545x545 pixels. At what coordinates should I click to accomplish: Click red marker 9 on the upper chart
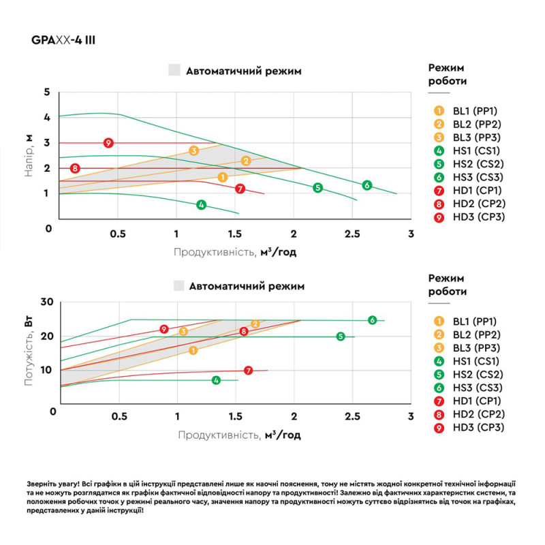pyautogui.click(x=108, y=143)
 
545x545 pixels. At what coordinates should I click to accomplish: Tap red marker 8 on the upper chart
pyautogui.click(x=75, y=168)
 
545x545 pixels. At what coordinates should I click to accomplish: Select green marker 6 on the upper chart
pyautogui.click(x=367, y=185)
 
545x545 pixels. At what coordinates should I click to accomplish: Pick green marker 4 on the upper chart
pyautogui.click(x=201, y=204)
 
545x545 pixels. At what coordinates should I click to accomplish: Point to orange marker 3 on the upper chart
pyautogui.click(x=193, y=151)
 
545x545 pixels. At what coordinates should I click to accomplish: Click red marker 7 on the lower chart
pyautogui.click(x=249, y=371)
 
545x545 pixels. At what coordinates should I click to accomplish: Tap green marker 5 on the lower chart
pyautogui.click(x=341, y=337)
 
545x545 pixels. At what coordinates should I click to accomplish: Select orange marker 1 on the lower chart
pyautogui.click(x=193, y=350)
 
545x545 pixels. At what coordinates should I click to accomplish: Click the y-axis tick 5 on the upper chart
pyautogui.click(x=47, y=92)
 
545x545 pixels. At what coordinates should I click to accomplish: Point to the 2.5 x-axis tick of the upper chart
pyautogui.click(x=352, y=234)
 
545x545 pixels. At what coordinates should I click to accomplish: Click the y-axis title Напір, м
pyautogui.click(x=28, y=155)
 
